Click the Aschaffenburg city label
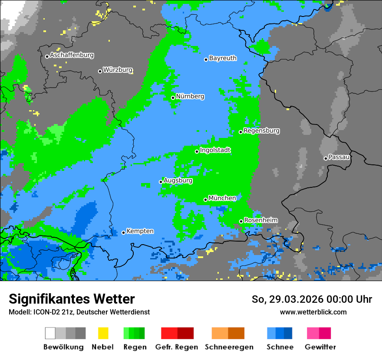pyautogui.click(x=72, y=56)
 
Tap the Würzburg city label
pyautogui.click(x=118, y=70)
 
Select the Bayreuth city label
pyautogui.click(x=223, y=58)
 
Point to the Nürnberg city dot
pyautogui.click(x=173, y=98)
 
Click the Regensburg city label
pyautogui.click(x=261, y=131)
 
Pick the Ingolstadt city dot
pyautogui.click(x=197, y=151)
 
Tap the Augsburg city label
pyautogui.click(x=178, y=180)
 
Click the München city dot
pyautogui.click(x=205, y=200)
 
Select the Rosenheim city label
pyautogui.click(x=260, y=220)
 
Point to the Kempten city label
pyautogui.click(x=140, y=231)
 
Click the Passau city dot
pyautogui.click(x=326, y=158)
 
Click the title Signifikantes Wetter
pyautogui.click(x=72, y=299)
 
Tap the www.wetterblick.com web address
pyautogui.click(x=313, y=312)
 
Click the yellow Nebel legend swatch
pyautogui.click(x=103, y=333)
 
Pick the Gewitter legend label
pyautogui.click(x=320, y=347)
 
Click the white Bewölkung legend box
pyautogui.click(x=50, y=333)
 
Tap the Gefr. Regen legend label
pyautogui.click(x=177, y=347)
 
